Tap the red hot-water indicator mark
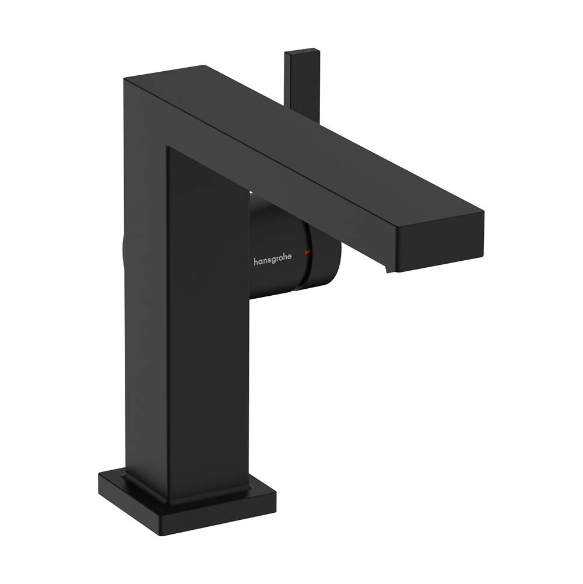click(307, 253)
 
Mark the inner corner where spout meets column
click(169, 147)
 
